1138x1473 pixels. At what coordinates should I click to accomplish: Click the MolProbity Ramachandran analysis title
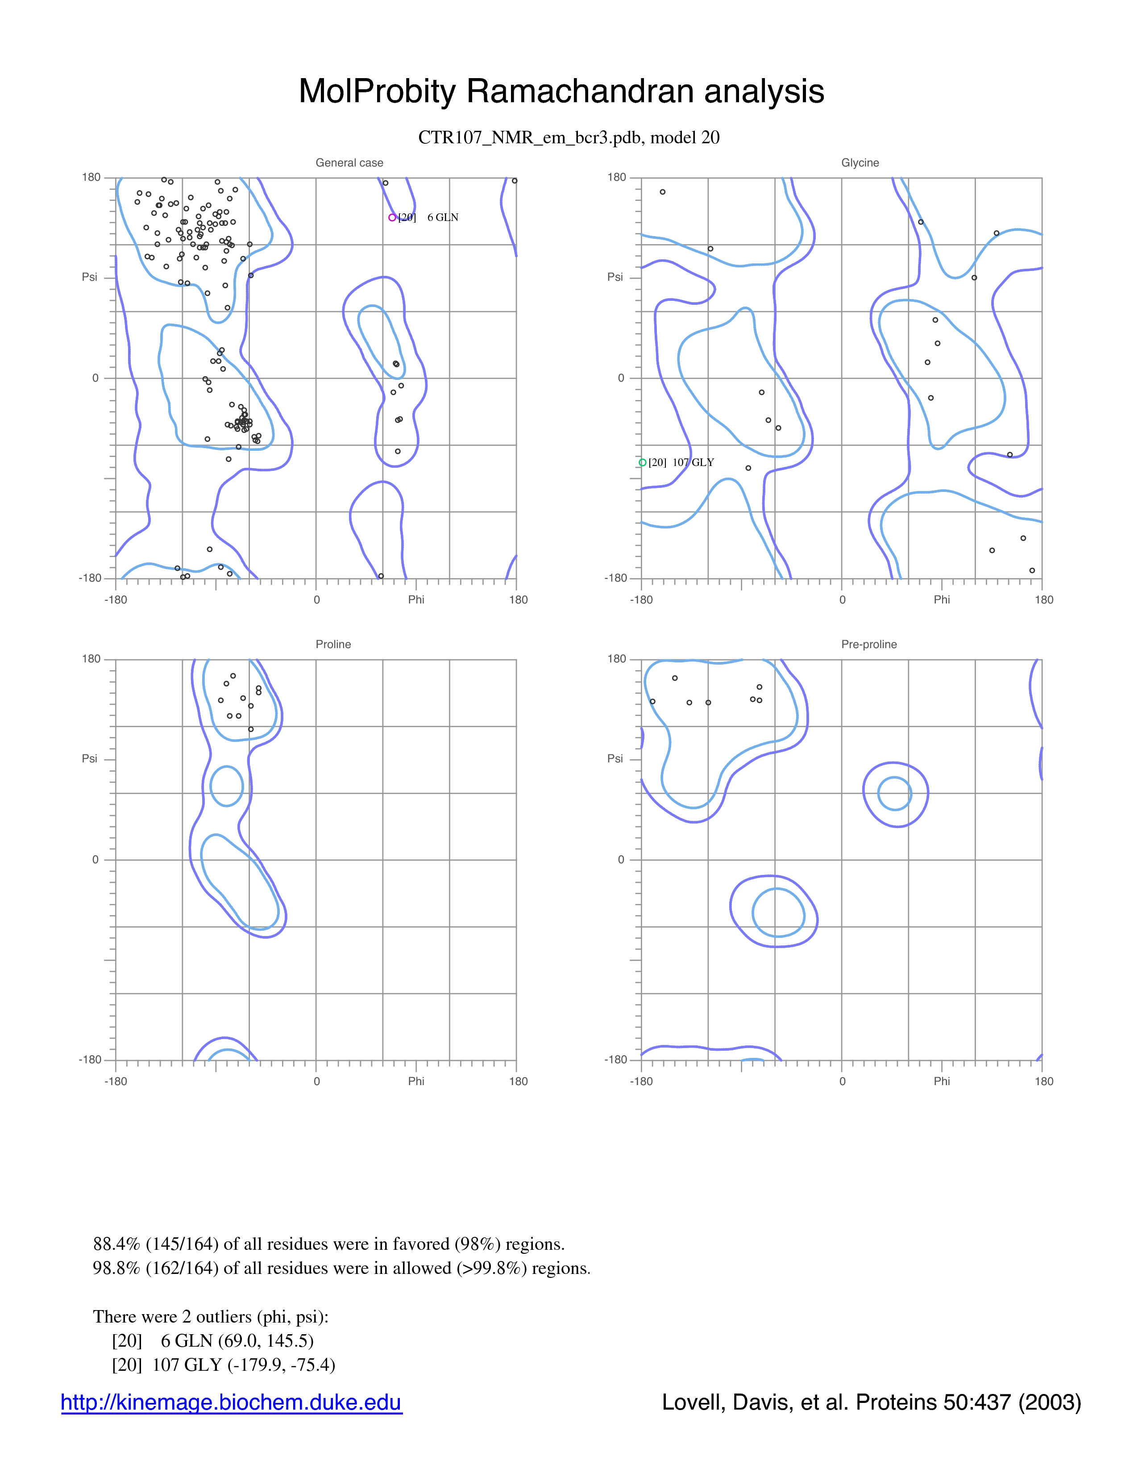click(x=561, y=91)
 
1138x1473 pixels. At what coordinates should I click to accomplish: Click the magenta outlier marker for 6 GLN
click(x=392, y=217)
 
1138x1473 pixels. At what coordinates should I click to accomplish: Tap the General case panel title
click(x=349, y=162)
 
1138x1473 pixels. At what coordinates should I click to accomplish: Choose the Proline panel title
click(x=333, y=644)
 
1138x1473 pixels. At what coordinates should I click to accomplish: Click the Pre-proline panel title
click(x=869, y=644)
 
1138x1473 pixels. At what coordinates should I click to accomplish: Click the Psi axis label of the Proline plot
click(x=90, y=759)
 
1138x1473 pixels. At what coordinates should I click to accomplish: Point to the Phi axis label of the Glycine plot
click(x=942, y=599)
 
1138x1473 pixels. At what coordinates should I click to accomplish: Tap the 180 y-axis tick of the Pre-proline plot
click(x=617, y=659)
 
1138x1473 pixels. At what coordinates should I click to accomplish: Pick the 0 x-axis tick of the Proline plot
click(x=316, y=1081)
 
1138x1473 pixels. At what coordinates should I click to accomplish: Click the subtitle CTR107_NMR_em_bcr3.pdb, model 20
click(x=569, y=137)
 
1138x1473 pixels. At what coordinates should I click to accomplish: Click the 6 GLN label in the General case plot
click(x=443, y=217)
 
